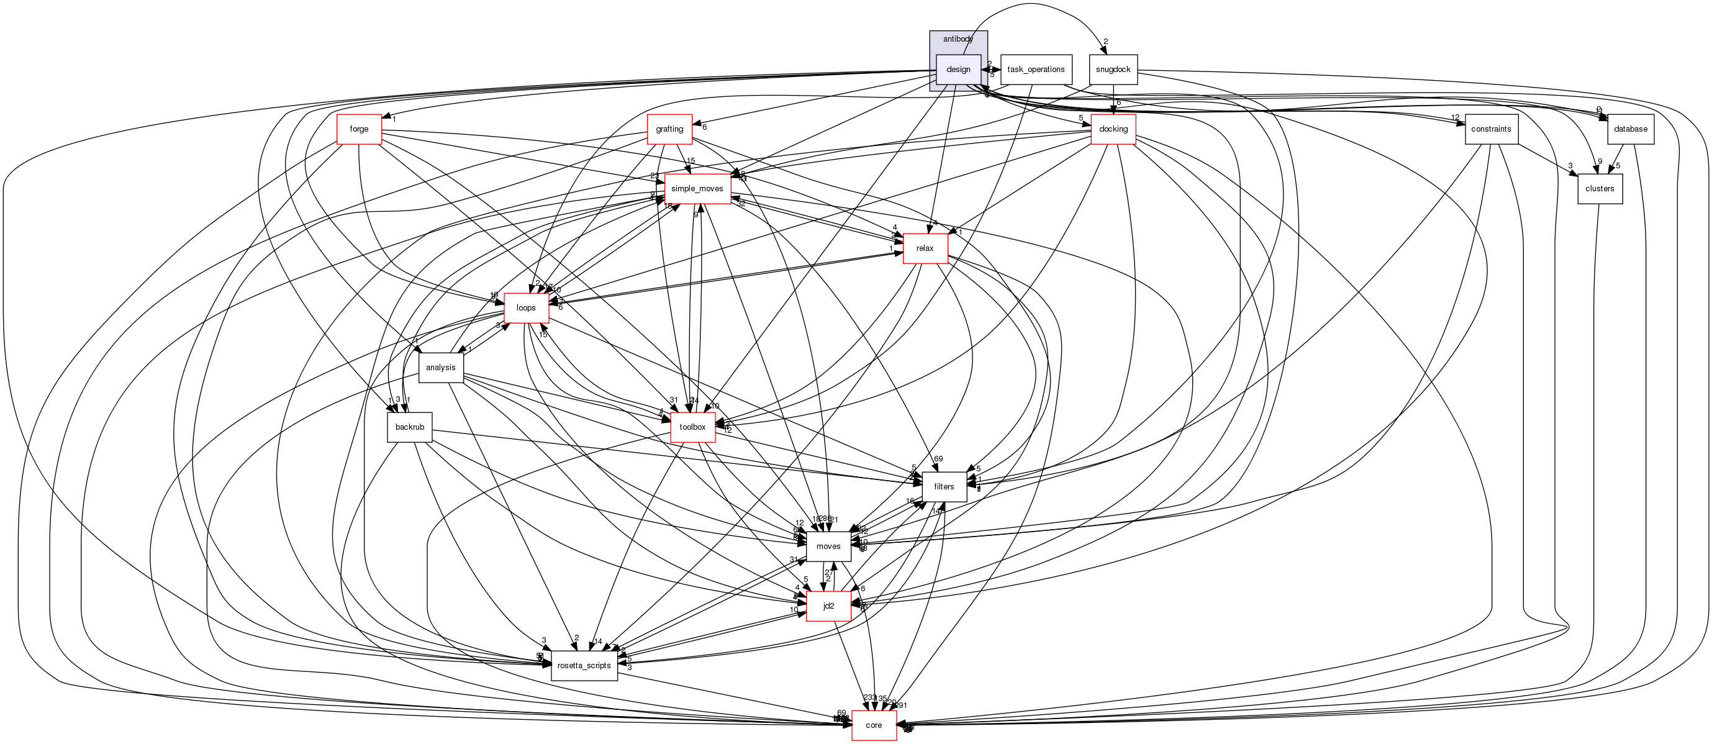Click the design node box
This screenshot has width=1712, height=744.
pyautogui.click(x=958, y=69)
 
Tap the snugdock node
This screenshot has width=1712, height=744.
pyautogui.click(x=1113, y=69)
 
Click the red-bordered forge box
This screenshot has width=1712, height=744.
pyautogui.click(x=359, y=129)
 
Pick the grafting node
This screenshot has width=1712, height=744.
pyautogui.click(x=669, y=129)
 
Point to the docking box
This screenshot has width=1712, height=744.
pyautogui.click(x=1113, y=129)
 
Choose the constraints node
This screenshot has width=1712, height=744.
pyautogui.click(x=1491, y=129)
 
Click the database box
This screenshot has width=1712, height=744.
pyautogui.click(x=1630, y=129)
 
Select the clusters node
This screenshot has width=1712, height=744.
pyautogui.click(x=1600, y=189)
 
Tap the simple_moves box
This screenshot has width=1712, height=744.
pyautogui.click(x=697, y=189)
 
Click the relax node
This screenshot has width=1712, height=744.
pyautogui.click(x=925, y=248)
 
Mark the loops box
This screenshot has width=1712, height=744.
pyautogui.click(x=526, y=308)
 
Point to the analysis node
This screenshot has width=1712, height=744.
pyautogui.click(x=441, y=368)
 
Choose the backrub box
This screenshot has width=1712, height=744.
pyautogui.click(x=409, y=427)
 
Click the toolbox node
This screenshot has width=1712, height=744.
pyautogui.click(x=692, y=427)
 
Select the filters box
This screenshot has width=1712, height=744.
pyautogui.click(x=944, y=487)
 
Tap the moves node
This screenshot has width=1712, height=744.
pyautogui.click(x=828, y=547)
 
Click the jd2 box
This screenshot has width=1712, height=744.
pyautogui.click(x=828, y=606)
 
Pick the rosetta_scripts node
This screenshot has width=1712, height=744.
pyautogui.click(x=584, y=666)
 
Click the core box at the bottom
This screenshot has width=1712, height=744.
pyautogui.click(x=874, y=725)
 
